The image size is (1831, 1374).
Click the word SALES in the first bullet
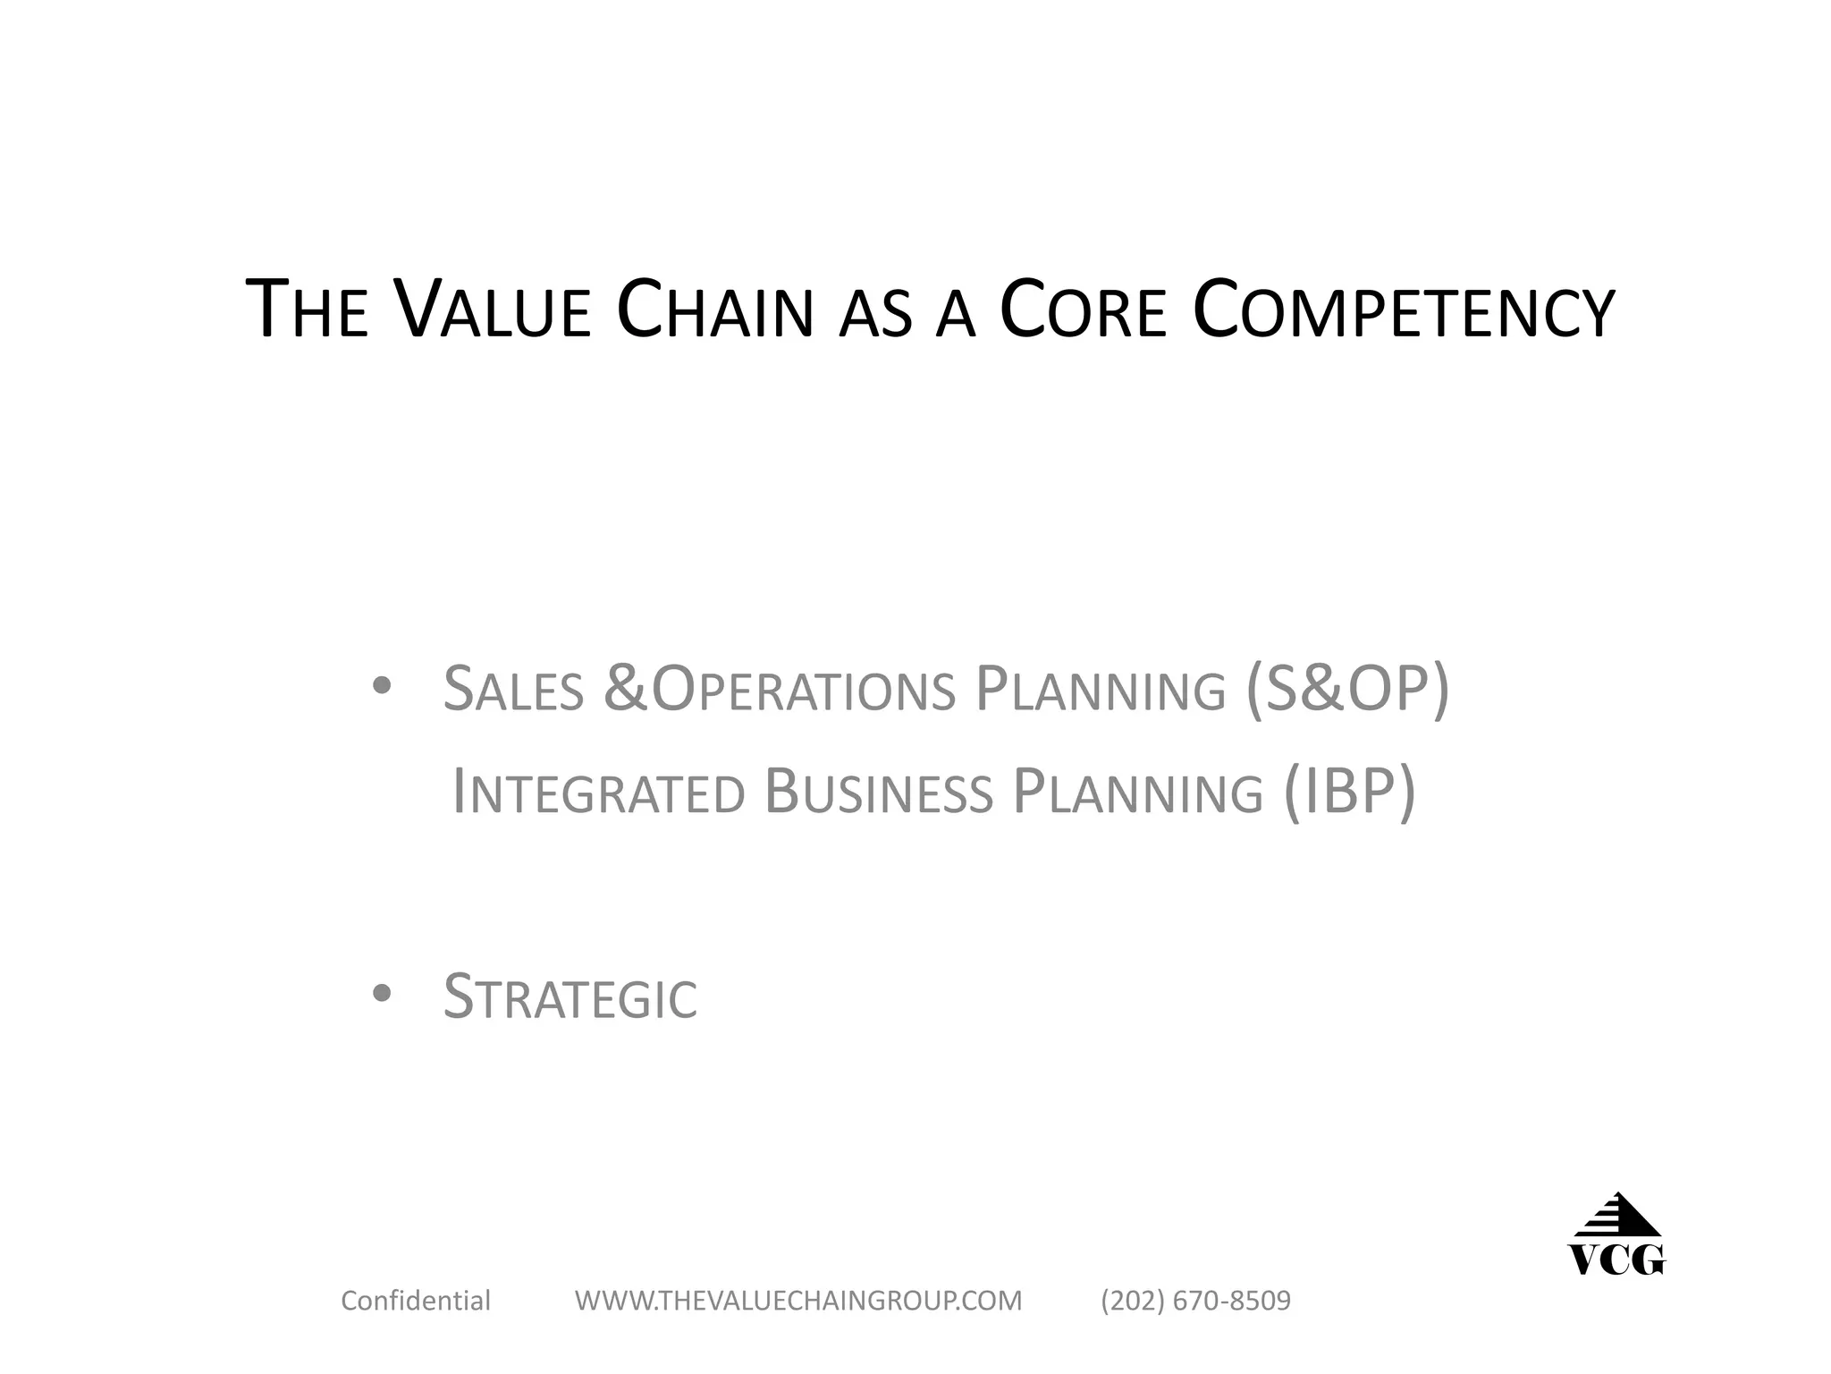pos(513,689)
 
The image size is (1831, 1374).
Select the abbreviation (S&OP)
pos(1347,689)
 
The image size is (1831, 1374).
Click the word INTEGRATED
pos(598,792)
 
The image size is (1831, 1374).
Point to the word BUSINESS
pos(879,792)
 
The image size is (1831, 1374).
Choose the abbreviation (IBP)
pos(1349,792)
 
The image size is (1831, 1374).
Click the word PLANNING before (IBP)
pos(1137,792)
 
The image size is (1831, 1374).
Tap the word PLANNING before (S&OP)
pos(1100,689)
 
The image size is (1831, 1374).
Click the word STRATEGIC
pos(570,997)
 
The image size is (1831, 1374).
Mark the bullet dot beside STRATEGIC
pos(382,993)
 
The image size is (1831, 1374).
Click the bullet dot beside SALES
pos(382,686)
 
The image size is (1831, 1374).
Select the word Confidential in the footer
pos(416,1300)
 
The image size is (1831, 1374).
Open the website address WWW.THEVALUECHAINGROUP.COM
pos(798,1300)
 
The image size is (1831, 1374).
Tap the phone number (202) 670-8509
pos(1195,1300)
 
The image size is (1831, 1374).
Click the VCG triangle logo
pos(1616,1234)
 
